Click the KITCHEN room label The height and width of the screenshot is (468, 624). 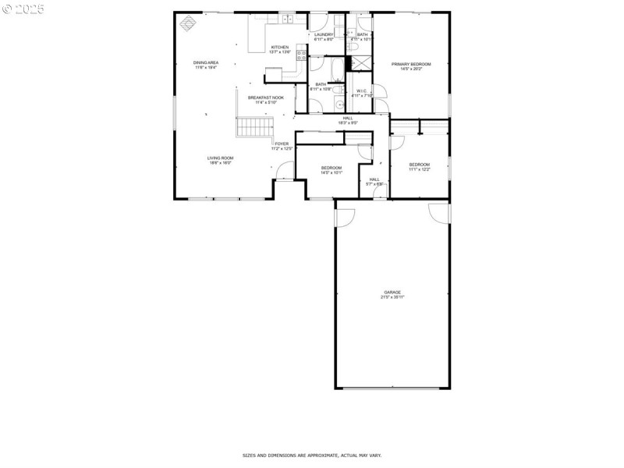click(x=279, y=48)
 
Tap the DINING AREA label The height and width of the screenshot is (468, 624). click(x=206, y=62)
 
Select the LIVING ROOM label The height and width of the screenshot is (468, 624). click(x=220, y=158)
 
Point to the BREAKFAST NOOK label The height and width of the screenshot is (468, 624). click(x=266, y=97)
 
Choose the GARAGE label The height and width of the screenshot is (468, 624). click(x=392, y=292)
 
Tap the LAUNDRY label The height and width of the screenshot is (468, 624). click(x=324, y=34)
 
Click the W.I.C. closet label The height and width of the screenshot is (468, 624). click(x=362, y=91)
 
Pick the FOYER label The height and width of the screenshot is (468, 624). click(x=282, y=144)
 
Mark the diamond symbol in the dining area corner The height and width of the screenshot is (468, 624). click(x=188, y=23)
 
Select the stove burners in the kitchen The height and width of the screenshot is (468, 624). click(x=300, y=55)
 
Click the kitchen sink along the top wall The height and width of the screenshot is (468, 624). click(x=287, y=18)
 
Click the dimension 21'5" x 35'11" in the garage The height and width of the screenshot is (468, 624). click(x=392, y=297)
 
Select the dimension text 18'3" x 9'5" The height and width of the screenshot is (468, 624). click(x=348, y=122)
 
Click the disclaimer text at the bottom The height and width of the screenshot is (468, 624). click(x=311, y=455)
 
